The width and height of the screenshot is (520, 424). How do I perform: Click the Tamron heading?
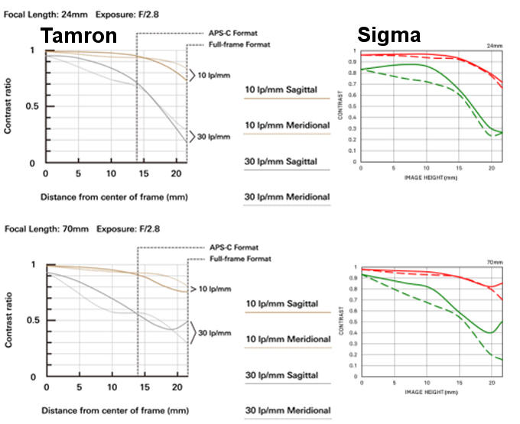coord(80,35)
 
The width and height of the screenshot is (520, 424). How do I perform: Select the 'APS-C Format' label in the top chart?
coord(232,34)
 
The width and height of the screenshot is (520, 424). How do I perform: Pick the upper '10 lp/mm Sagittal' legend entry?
coord(286,90)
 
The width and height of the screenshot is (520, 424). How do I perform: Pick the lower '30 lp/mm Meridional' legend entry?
coord(287,411)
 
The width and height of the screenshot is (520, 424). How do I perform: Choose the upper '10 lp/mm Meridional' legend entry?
coord(287,125)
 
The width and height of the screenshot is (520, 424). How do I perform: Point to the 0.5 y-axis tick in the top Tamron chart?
coord(31,106)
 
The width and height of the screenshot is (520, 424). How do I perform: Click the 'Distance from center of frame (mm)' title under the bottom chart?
coord(114,410)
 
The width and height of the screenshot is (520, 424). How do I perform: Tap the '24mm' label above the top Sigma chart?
coord(495,47)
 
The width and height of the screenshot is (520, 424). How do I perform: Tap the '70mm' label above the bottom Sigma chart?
coord(495,262)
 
